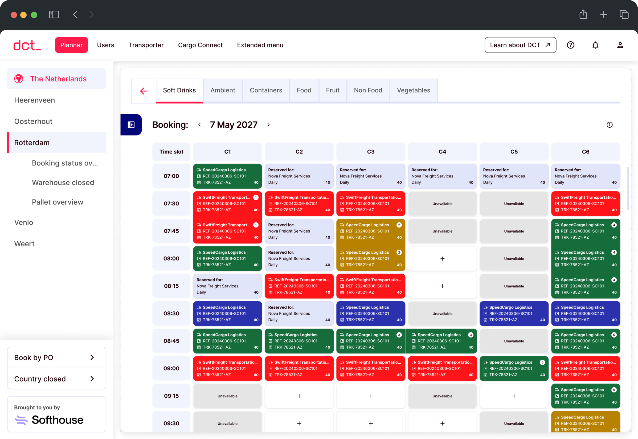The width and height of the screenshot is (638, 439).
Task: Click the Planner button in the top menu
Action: coord(71,45)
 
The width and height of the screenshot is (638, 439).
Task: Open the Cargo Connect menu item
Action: coord(200,45)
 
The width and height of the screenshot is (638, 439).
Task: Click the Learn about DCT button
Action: coord(520,45)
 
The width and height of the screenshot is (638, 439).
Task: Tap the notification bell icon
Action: coord(595,45)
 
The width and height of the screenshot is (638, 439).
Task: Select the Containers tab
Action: coord(266,90)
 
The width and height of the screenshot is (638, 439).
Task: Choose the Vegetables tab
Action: coord(413,90)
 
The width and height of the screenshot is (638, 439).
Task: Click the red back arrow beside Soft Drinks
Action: coord(144,91)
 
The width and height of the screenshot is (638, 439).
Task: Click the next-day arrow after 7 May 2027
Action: coord(268,125)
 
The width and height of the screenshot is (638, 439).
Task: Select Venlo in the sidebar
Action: coord(24,222)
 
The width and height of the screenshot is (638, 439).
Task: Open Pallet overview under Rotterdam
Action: coord(58,202)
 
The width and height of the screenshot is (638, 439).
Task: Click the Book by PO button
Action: coord(56,357)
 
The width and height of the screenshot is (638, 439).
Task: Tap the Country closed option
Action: coord(56,379)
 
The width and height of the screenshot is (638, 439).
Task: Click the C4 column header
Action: coord(442,152)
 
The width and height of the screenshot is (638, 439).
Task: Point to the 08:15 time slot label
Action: coord(171,286)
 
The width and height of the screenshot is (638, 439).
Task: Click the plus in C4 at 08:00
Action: coord(442,259)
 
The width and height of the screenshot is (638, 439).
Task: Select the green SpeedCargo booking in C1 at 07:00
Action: coord(227,176)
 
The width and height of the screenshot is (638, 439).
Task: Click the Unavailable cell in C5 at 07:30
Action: coord(514,204)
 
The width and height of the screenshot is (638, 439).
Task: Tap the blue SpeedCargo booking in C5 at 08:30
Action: coord(514,313)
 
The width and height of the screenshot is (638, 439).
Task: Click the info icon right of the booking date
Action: coord(609,125)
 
